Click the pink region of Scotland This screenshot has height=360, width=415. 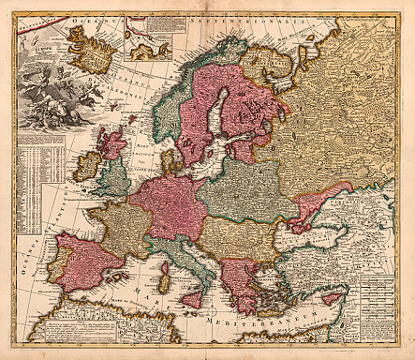[x=111, y=146]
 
